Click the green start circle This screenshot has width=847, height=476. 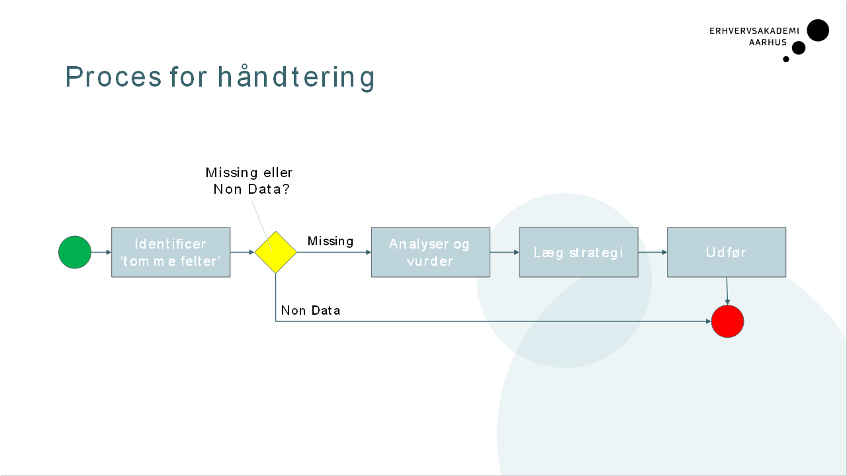[75, 253]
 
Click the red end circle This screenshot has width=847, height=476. [728, 322]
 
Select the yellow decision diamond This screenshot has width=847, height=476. [276, 252]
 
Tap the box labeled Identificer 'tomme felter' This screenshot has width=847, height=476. [171, 253]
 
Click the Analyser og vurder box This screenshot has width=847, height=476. [430, 253]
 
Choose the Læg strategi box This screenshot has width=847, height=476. [578, 253]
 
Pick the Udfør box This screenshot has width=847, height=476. [727, 253]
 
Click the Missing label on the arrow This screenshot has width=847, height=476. [330, 241]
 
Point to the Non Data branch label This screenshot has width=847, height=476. [310, 311]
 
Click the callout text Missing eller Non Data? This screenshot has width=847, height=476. [249, 180]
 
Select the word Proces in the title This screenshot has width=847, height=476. [113, 77]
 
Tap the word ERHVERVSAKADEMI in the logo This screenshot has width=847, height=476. [754, 31]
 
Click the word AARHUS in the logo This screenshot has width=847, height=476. [768, 42]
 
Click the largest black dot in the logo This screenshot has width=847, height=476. [818, 30]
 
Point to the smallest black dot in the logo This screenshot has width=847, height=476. [786, 59]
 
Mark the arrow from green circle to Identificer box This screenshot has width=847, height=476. [101, 253]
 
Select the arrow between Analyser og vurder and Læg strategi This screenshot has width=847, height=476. [504, 253]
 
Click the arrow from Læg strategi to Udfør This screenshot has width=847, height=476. [652, 253]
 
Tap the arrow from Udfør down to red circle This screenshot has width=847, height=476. [727, 291]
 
